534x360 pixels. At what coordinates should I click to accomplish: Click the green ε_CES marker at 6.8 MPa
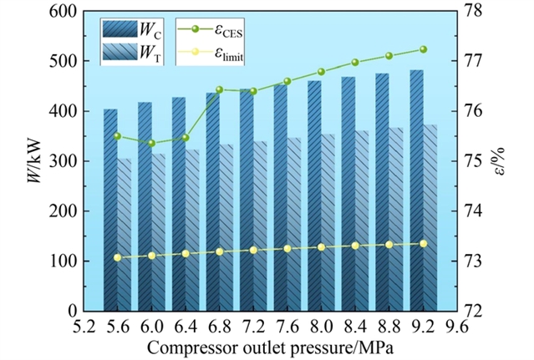[220, 89]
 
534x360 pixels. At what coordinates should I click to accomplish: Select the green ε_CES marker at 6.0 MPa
[151, 143]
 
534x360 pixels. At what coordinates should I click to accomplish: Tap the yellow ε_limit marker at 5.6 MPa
[117, 257]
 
